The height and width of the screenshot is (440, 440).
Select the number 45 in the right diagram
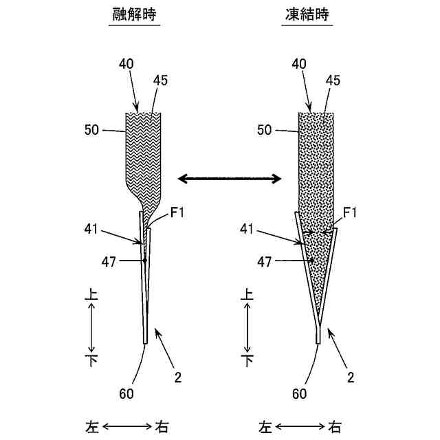coord(333,80)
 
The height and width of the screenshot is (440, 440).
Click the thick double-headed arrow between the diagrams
coord(230,179)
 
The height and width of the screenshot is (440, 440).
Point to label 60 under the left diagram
coord(126,394)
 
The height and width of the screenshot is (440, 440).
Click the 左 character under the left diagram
coord(92,427)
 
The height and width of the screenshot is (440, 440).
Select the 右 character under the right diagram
coord(333,427)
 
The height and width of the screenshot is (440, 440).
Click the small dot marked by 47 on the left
coord(145,261)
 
